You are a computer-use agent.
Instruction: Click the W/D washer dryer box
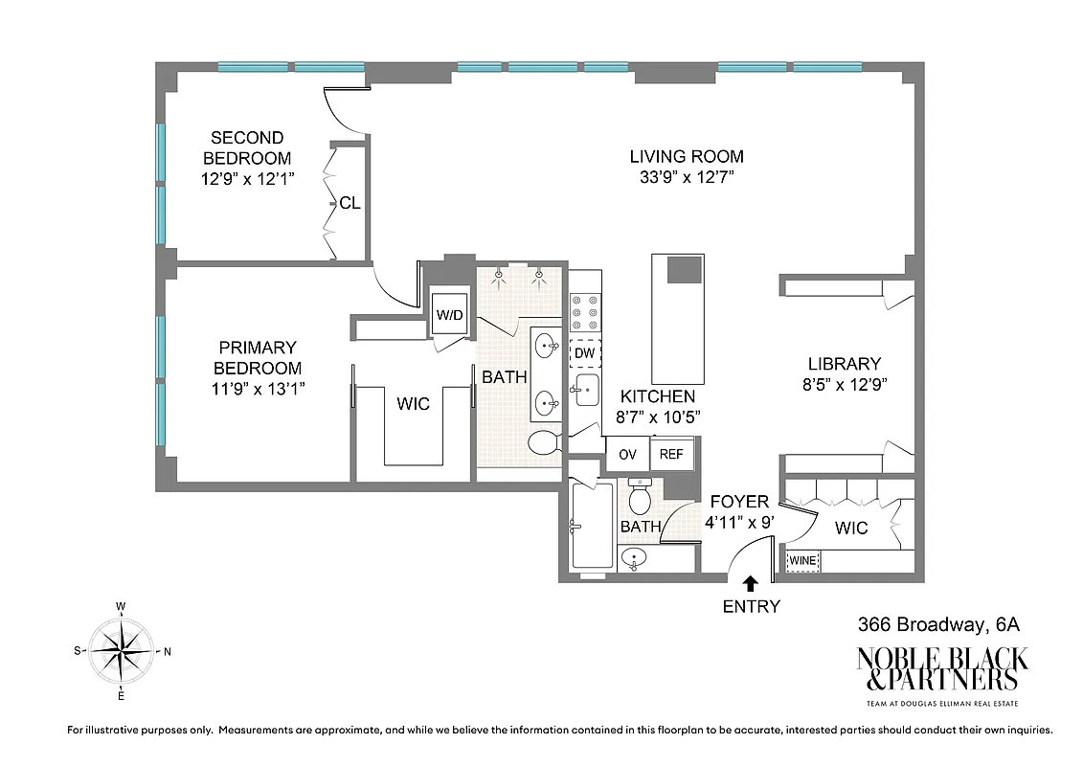(449, 314)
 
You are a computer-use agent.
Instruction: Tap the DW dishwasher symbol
(584, 353)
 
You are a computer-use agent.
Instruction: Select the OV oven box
(627, 454)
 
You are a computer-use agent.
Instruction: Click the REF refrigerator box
(671, 454)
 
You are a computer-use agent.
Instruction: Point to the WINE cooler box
(802, 561)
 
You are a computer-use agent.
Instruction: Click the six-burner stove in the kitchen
(584, 313)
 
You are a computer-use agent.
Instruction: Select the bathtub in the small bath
(590, 527)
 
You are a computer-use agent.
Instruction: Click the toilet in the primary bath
(544, 443)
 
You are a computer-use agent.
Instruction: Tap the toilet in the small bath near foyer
(641, 499)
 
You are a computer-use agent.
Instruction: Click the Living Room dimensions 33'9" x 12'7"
(686, 177)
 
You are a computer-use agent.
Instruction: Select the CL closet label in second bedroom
(350, 203)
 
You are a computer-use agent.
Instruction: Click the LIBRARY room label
(844, 364)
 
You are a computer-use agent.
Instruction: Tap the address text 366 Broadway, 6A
(937, 624)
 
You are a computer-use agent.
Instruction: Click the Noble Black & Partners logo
(941, 669)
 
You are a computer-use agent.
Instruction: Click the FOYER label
(738, 502)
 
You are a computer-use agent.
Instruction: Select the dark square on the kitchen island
(683, 269)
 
